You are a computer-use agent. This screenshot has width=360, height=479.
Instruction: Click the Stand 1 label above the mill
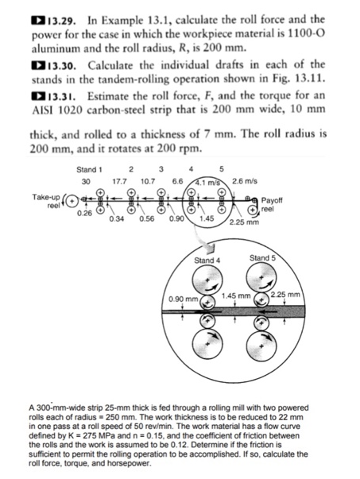(90, 169)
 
